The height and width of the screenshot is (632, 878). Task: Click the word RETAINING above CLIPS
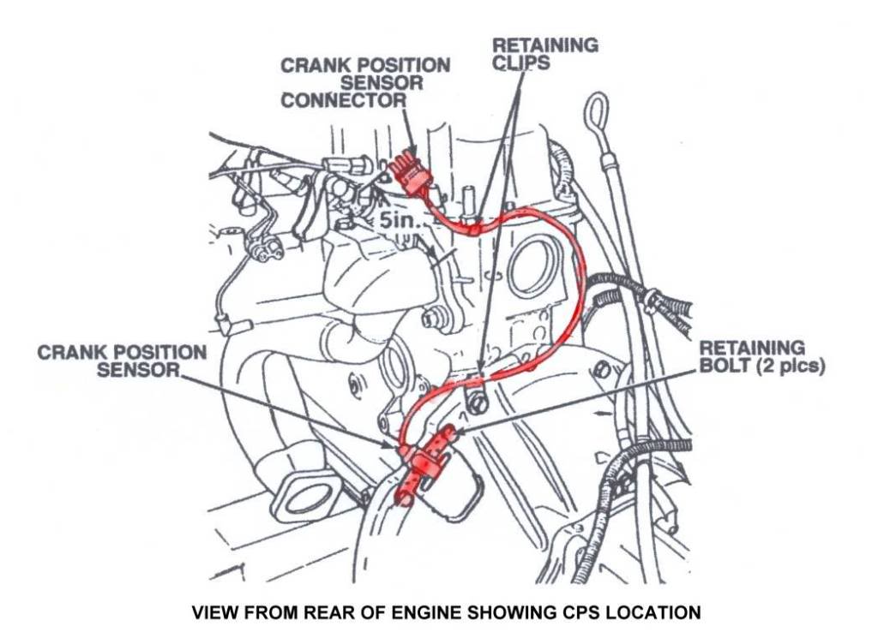(x=545, y=45)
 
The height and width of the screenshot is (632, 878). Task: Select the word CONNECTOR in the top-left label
(x=344, y=100)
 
